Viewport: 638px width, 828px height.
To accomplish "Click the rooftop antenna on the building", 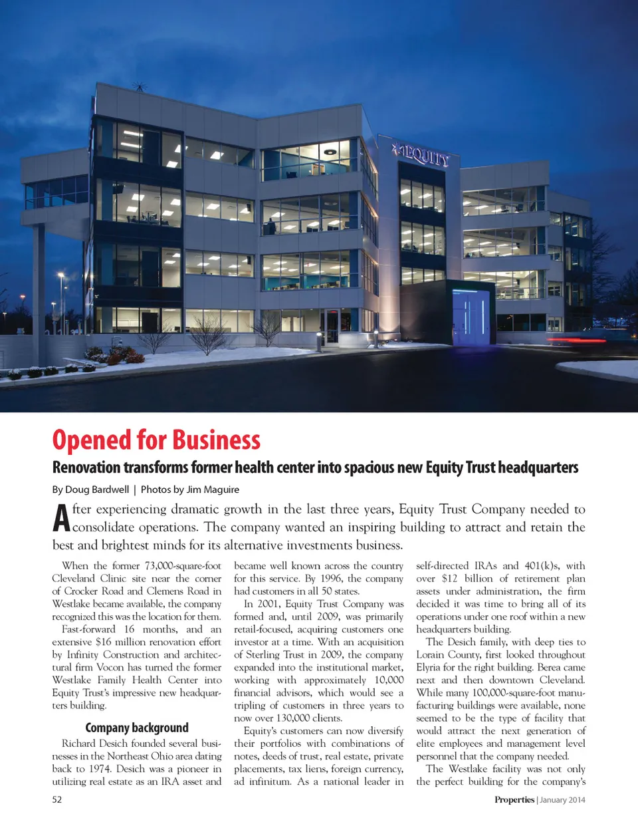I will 140,86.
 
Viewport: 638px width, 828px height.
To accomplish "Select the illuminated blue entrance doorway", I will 473,313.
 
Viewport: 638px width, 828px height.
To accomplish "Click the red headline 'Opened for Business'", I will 156,440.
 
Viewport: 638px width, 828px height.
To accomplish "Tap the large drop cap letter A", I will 61,519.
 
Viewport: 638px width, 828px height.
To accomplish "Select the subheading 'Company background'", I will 137,728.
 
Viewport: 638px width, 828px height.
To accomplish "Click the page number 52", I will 57,799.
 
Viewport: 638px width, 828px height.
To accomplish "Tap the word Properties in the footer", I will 514,799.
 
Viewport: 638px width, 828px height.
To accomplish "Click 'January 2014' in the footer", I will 562,799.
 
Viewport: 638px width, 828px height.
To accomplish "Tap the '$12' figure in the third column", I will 449,579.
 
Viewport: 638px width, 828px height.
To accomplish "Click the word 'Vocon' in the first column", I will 110,667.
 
